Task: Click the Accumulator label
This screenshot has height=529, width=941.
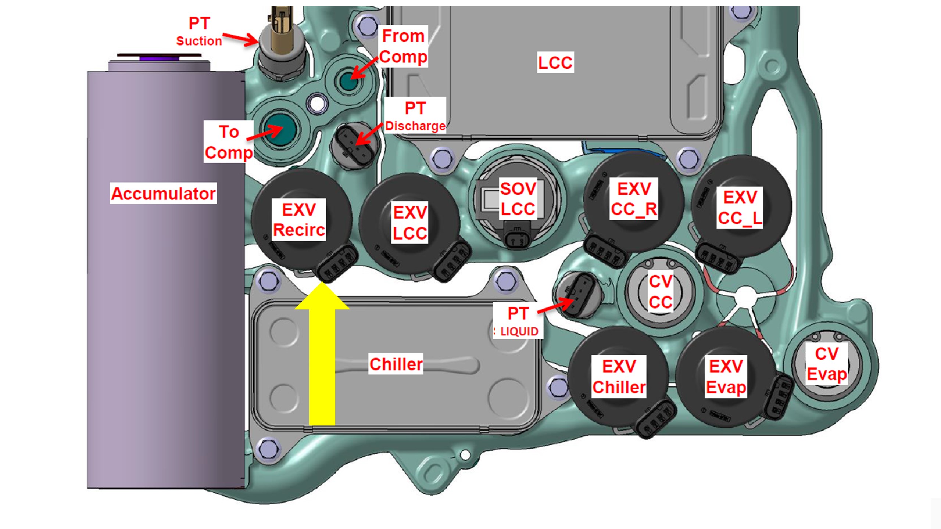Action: pyautogui.click(x=163, y=193)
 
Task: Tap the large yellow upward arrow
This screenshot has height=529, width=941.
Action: pyautogui.click(x=322, y=360)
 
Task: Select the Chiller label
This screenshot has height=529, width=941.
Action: pyautogui.click(x=396, y=364)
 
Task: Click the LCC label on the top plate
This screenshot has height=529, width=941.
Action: pyautogui.click(x=555, y=62)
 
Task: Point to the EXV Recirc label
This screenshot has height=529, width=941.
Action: pyautogui.click(x=299, y=220)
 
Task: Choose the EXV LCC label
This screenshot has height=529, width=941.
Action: pyautogui.click(x=410, y=223)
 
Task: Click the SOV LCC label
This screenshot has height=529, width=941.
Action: pyautogui.click(x=518, y=199)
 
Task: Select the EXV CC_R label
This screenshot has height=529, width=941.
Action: pyautogui.click(x=634, y=199)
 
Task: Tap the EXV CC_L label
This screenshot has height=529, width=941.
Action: pyautogui.click(x=740, y=208)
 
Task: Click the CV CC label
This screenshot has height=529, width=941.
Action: pyautogui.click(x=661, y=292)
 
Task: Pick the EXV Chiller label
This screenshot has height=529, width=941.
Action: pyautogui.click(x=619, y=377)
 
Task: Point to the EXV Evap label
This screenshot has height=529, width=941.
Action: pyautogui.click(x=726, y=377)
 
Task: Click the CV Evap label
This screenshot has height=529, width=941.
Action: pyautogui.click(x=827, y=364)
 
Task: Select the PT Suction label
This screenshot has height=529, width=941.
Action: pyautogui.click(x=199, y=32)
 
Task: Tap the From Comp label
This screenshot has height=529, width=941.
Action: pyautogui.click(x=403, y=46)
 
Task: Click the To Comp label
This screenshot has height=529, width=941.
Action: pyautogui.click(x=229, y=142)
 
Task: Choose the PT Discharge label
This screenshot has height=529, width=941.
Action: pyautogui.click(x=415, y=116)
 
